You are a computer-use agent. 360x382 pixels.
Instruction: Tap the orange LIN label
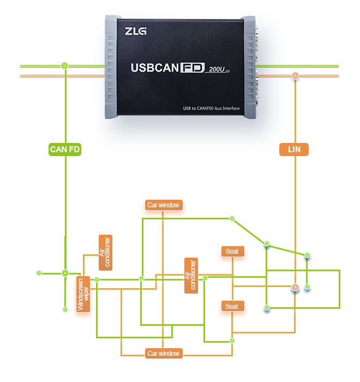(294, 149)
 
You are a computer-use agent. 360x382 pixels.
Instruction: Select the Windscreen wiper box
(83, 294)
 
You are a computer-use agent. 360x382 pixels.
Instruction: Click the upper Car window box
(163, 205)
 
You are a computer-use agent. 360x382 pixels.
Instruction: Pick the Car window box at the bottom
(163, 353)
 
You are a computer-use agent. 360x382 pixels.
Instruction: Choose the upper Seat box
(232, 252)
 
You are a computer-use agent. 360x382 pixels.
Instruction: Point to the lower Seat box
(232, 306)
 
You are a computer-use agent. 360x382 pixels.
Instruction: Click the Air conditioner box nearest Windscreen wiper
(105, 252)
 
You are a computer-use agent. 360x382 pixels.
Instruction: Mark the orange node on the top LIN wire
(295, 77)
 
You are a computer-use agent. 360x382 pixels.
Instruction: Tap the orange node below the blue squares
(295, 287)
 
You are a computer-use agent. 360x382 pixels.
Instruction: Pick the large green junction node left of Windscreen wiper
(65, 273)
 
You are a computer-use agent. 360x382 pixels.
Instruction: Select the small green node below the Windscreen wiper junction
(65, 309)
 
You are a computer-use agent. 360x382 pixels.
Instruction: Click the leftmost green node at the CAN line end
(39, 272)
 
